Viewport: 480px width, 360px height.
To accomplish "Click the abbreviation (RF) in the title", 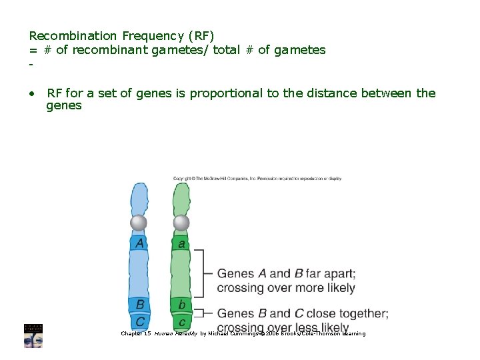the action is [201, 35].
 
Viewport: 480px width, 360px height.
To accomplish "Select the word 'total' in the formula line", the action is [229, 50].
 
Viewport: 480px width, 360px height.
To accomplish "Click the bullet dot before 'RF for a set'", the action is [32, 93].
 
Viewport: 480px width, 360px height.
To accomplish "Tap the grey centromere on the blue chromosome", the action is [139, 222].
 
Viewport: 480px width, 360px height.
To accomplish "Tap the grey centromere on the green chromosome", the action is [181, 222].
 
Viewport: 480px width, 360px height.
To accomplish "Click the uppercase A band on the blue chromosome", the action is [139, 243].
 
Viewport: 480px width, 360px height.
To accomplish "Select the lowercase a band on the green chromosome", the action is [181, 243].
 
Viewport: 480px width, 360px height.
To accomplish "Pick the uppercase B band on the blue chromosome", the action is [140, 305].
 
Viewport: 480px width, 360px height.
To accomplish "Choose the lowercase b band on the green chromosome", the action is [181, 305].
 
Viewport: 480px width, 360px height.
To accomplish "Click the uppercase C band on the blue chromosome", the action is [140, 321].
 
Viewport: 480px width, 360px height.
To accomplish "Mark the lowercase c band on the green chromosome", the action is [181, 322].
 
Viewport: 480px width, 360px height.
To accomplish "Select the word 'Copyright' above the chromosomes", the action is [183, 179].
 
